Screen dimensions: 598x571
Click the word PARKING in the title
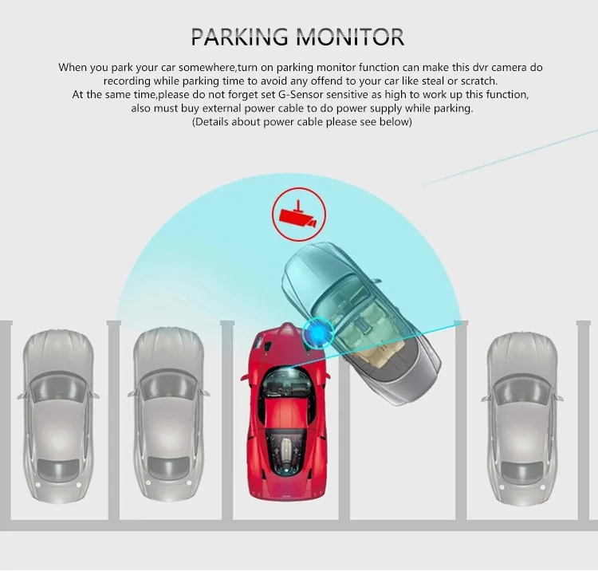(239, 37)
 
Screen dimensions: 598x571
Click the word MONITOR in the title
(350, 37)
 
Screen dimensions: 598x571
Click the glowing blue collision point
(317, 333)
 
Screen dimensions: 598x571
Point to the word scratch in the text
(478, 81)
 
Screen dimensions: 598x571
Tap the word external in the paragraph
(222, 108)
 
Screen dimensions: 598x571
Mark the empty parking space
(403, 458)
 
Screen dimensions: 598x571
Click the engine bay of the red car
(286, 450)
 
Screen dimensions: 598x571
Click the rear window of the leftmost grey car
(58, 468)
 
